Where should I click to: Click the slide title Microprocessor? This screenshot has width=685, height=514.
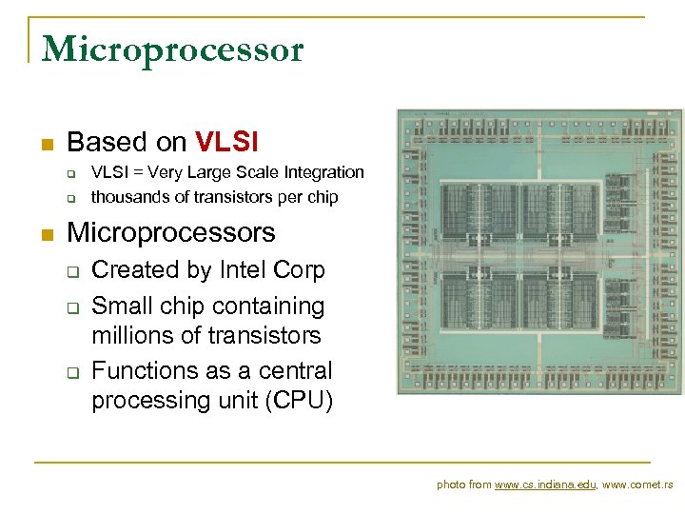coord(172,49)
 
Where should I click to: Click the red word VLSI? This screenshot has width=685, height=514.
coord(226,143)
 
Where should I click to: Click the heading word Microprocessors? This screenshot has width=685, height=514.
coord(171,233)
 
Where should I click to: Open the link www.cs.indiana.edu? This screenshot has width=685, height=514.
coord(545,485)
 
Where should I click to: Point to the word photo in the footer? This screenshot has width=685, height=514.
coord(450,485)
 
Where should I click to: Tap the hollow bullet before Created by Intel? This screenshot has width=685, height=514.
coord(71,272)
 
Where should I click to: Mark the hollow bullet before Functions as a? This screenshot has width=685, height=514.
coord(71,372)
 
